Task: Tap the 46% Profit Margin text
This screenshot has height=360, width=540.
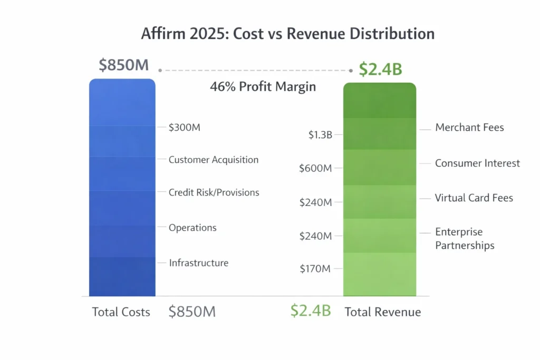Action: point(263,87)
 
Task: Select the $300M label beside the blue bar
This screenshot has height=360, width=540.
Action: point(185,128)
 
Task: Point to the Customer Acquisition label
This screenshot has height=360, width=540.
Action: point(214,160)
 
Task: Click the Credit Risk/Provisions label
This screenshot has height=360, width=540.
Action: point(214,192)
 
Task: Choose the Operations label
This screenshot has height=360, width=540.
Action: point(192,228)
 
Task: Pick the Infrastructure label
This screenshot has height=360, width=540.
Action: point(198,262)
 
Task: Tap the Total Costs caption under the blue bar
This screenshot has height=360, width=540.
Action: point(121,312)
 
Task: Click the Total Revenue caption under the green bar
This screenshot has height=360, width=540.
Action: point(383,312)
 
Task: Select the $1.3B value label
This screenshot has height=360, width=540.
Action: point(320,135)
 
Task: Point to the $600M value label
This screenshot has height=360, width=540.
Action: point(315,169)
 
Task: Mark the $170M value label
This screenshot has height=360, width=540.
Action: point(315,269)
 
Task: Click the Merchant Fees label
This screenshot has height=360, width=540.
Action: point(469,128)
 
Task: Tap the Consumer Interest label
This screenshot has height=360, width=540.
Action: point(477,163)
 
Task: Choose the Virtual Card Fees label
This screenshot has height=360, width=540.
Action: point(474,198)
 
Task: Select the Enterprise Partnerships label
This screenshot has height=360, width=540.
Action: point(465,239)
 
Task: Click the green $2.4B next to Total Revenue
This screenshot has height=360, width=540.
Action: point(311,311)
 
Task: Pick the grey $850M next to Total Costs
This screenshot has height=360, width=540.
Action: point(192,312)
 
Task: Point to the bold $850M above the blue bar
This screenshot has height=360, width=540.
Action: point(124,66)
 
